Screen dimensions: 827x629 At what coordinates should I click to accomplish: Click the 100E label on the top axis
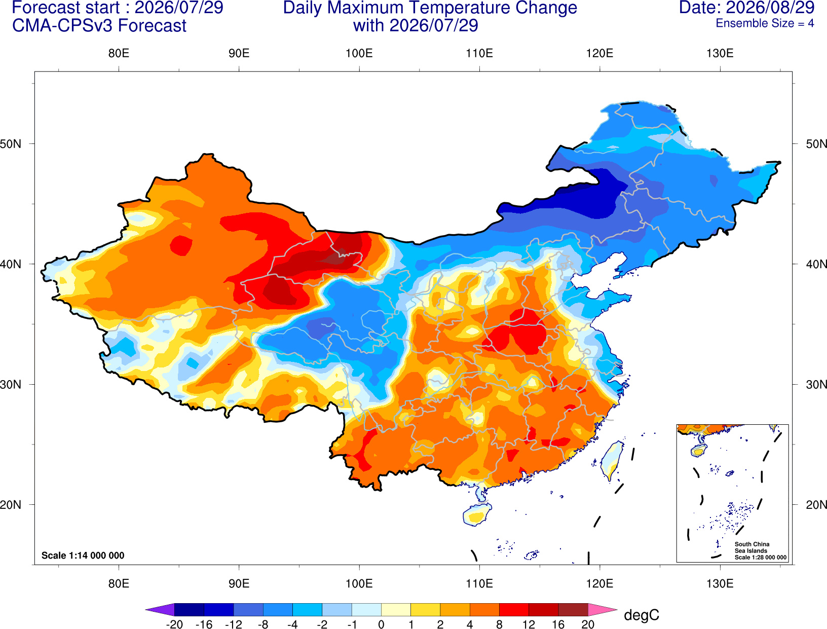point(359,53)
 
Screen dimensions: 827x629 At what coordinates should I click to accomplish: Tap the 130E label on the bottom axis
point(720,584)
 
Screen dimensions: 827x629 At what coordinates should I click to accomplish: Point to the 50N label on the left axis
point(11,144)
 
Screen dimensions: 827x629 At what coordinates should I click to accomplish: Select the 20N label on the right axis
point(816,505)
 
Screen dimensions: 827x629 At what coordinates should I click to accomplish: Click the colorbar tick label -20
point(174,624)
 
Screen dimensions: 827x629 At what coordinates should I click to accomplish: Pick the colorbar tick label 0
point(381,624)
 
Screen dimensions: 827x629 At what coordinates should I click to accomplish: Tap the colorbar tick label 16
point(558,624)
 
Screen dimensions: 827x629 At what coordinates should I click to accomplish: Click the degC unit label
point(641,615)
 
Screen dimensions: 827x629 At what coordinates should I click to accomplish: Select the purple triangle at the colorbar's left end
point(160,609)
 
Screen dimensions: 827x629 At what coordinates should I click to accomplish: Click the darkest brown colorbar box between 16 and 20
point(573,609)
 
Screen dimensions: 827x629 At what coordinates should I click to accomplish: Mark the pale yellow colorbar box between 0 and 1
point(396,609)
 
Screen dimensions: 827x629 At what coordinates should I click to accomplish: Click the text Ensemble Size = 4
point(765,23)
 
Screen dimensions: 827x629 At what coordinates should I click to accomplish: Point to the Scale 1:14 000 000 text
point(83,555)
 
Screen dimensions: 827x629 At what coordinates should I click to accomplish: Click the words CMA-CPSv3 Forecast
point(99,26)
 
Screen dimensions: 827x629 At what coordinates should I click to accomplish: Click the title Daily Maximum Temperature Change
point(430,8)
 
